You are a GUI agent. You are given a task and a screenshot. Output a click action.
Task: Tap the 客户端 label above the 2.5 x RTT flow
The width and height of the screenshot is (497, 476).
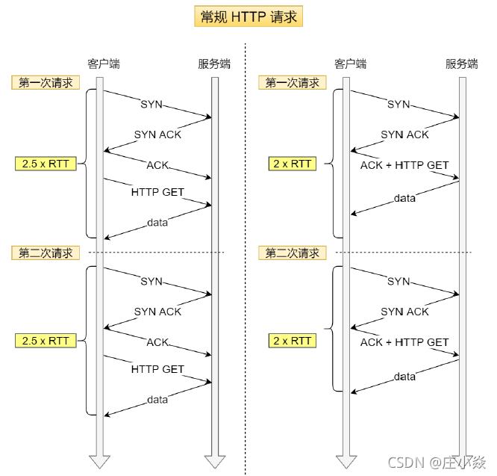(103, 64)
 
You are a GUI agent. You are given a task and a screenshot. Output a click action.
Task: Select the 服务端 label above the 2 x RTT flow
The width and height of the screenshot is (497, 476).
(461, 64)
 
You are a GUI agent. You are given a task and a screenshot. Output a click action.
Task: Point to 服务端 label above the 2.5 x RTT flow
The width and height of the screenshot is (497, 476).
(214, 64)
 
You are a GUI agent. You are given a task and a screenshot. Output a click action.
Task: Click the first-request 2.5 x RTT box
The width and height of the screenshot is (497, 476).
(46, 163)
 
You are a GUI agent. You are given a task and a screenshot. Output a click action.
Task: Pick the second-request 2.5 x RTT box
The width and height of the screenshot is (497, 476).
(46, 341)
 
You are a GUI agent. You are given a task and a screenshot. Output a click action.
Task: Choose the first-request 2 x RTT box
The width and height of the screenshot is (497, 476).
(291, 163)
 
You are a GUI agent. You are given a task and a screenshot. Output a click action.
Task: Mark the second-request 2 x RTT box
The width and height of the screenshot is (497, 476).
(291, 341)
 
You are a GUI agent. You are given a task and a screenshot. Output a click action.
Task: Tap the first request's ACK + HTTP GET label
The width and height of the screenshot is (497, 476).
(404, 164)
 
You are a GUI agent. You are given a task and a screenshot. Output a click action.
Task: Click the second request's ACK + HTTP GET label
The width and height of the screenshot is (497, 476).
(404, 342)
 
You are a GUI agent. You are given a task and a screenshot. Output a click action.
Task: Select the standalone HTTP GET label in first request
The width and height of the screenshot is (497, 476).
(157, 192)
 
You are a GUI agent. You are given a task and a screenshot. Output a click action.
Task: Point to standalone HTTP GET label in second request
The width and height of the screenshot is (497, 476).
(157, 369)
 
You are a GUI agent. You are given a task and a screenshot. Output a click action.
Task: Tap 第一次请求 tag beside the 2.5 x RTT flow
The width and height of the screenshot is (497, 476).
(46, 82)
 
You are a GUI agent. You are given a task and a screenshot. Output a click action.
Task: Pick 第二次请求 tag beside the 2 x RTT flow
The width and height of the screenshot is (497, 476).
(292, 253)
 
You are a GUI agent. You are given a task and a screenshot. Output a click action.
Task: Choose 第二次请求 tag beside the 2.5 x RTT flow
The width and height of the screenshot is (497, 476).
(46, 253)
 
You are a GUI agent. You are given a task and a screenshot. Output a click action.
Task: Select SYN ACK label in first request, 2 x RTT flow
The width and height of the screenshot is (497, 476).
(404, 135)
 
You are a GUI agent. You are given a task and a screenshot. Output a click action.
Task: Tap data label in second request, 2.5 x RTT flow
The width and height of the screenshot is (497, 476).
(157, 400)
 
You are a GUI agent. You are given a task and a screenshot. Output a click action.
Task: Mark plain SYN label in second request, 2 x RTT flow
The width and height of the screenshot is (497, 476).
(398, 282)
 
